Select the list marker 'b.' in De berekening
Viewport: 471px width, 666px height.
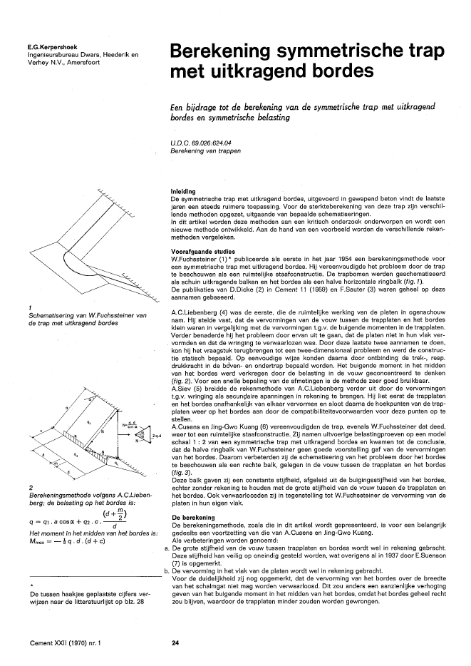pos(165,570)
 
